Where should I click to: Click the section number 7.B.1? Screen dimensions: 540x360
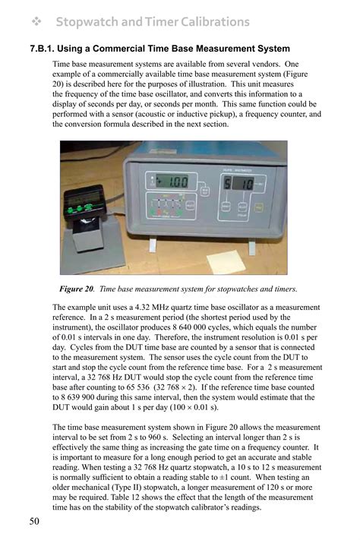pos(43,49)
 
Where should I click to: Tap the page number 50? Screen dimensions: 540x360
pos(35,521)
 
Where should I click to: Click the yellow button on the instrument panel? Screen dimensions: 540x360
pos(259,206)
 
